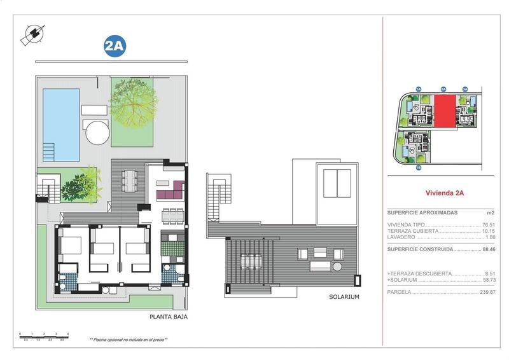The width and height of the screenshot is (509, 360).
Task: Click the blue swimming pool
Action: [x=61, y=124]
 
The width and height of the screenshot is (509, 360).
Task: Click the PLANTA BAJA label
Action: [x=169, y=316]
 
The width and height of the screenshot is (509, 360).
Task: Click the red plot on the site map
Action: [x=445, y=111]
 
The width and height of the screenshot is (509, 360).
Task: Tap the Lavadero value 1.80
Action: [x=489, y=237]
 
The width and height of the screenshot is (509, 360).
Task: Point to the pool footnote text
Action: [x=129, y=340]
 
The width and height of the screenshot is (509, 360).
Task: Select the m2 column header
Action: [x=491, y=213]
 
